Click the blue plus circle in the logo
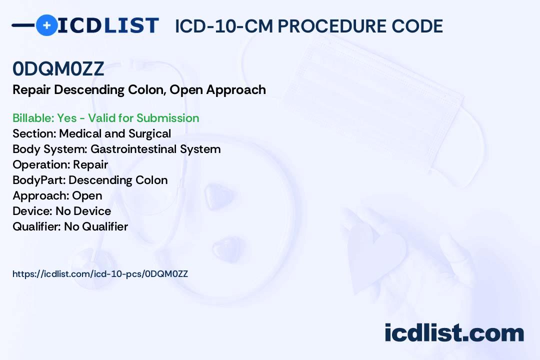(x=47, y=25)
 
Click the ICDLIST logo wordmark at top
(x=108, y=25)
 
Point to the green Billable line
(x=105, y=118)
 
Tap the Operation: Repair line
(x=60, y=164)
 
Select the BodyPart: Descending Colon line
(x=90, y=180)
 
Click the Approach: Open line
(x=57, y=195)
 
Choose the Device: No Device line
(x=61, y=211)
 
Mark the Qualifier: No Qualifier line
(x=70, y=226)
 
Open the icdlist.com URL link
(x=100, y=274)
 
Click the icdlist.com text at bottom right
(x=454, y=332)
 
